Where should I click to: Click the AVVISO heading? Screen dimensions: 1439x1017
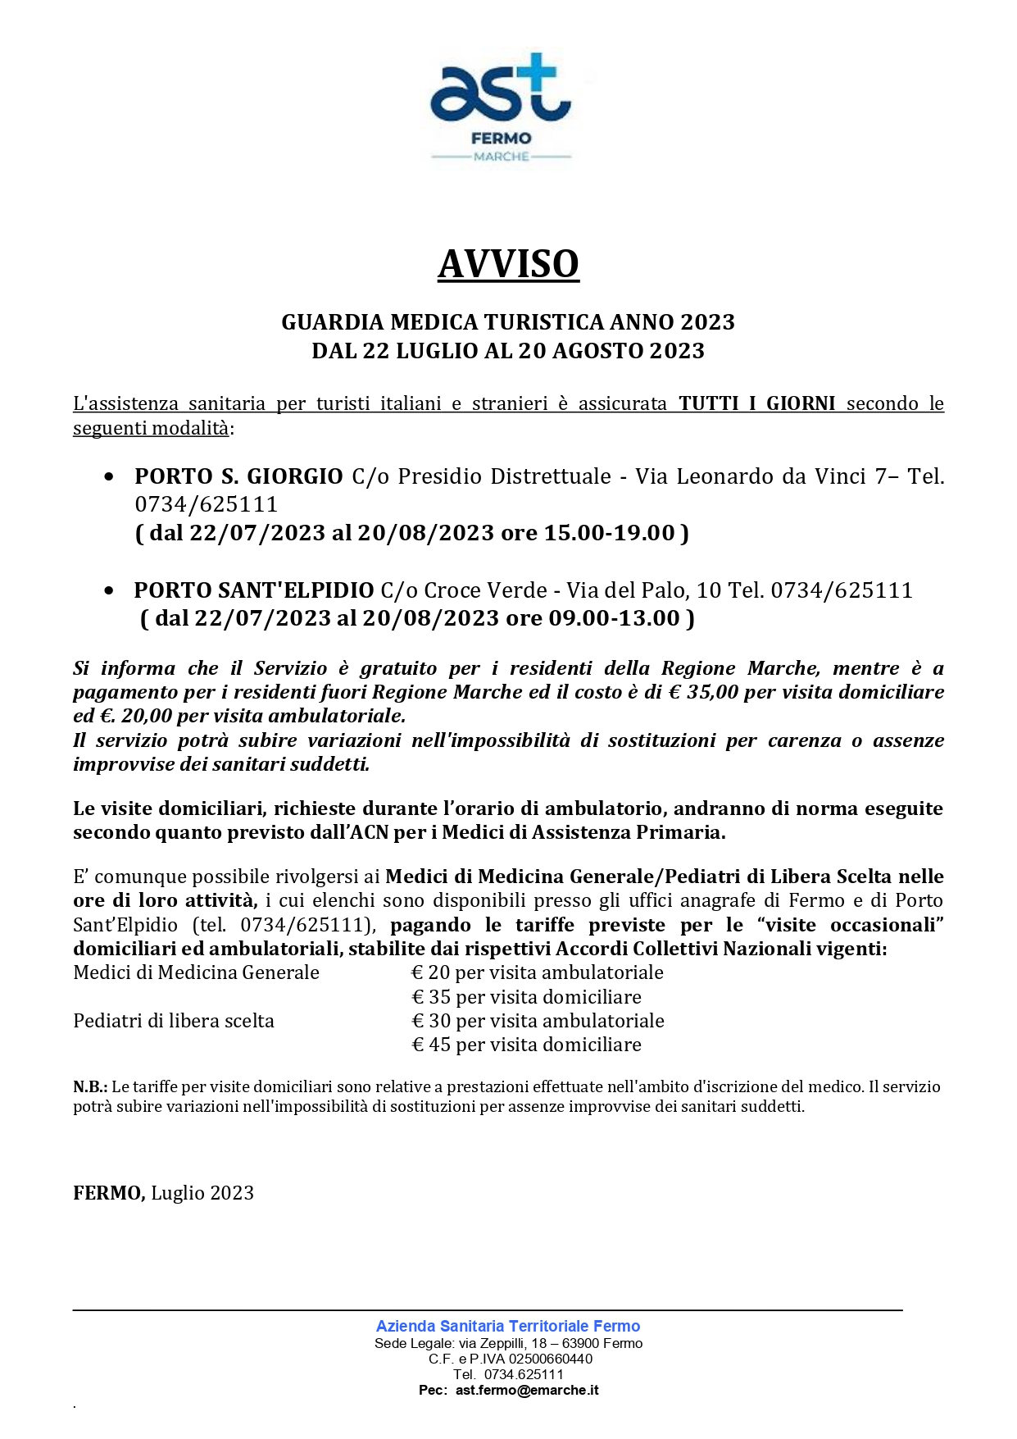[x=508, y=264]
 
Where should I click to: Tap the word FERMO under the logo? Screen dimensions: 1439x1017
[x=501, y=139]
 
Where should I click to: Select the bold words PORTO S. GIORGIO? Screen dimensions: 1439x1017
[x=238, y=476]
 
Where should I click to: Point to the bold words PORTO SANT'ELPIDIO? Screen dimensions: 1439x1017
[x=253, y=590]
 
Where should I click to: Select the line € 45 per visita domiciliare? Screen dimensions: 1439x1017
[x=526, y=1045]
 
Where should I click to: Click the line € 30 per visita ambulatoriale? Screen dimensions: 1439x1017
[x=538, y=1021]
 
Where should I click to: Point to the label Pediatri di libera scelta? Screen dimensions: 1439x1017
[x=174, y=1021]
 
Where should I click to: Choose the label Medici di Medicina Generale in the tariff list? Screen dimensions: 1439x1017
[x=196, y=972]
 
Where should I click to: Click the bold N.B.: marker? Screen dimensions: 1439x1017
[x=90, y=1087]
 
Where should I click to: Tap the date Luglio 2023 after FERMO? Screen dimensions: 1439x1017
[x=202, y=1193]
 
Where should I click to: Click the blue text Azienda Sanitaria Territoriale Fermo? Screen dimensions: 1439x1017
[x=508, y=1326]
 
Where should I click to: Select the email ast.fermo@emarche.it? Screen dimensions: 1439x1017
[x=527, y=1390]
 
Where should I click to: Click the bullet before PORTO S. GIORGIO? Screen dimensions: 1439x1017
[x=109, y=476]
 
